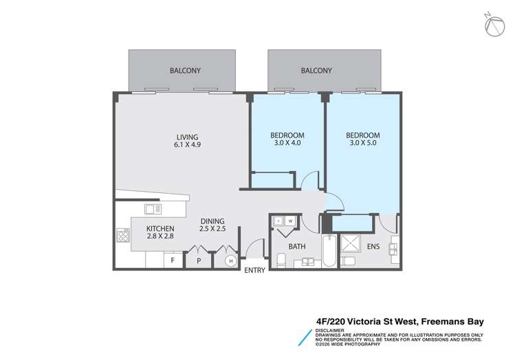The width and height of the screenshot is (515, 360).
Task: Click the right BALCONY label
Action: point(316,70)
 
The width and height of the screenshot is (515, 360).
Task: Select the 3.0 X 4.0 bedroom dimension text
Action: point(287,144)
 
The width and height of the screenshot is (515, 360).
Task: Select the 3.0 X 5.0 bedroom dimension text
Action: point(362,144)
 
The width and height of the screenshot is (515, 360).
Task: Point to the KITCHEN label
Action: point(160,229)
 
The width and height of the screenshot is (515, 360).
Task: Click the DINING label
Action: point(212,221)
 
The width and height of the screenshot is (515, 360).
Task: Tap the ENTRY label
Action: point(254,271)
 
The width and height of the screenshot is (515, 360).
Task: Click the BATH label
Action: point(297,245)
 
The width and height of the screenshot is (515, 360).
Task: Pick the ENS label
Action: point(372,245)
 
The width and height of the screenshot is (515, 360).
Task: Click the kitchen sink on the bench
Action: point(153,208)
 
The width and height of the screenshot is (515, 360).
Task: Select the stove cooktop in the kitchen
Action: point(124,236)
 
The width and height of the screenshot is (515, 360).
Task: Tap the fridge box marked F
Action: point(173,260)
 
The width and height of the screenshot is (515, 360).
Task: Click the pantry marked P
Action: point(199,260)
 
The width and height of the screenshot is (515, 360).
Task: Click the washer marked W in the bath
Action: point(291,221)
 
